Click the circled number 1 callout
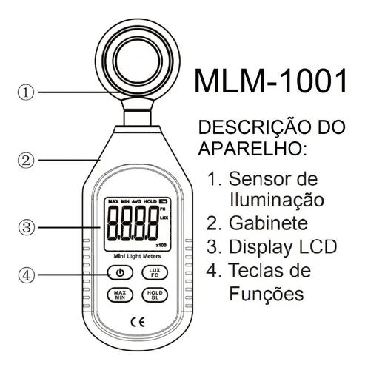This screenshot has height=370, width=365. (x=25, y=92)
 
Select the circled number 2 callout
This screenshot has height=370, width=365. (x=25, y=158)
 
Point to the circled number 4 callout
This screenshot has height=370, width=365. (x=25, y=275)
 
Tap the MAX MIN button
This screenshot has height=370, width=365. (x=119, y=297)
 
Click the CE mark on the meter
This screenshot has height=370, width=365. (x=137, y=323)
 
